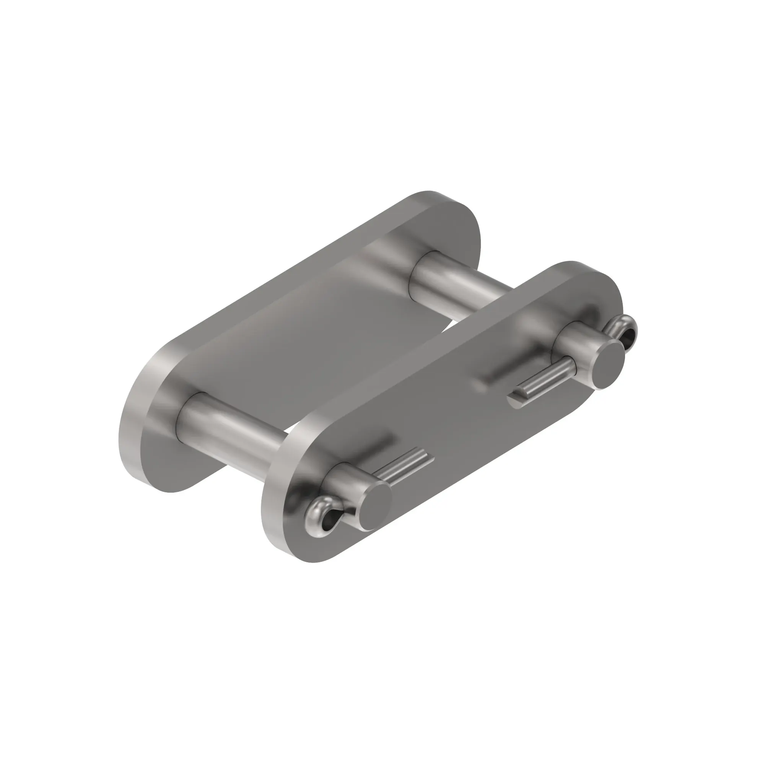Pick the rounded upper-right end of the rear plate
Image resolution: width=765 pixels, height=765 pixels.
pyautogui.click(x=467, y=226)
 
